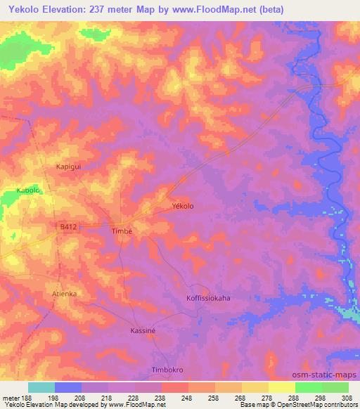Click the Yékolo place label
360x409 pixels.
[x=183, y=206]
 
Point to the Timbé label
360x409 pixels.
[x=122, y=231]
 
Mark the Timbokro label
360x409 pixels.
[x=168, y=370]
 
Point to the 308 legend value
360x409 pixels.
[x=348, y=397]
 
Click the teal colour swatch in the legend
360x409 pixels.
[x=41, y=387]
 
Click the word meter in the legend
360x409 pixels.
[x=11, y=397]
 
